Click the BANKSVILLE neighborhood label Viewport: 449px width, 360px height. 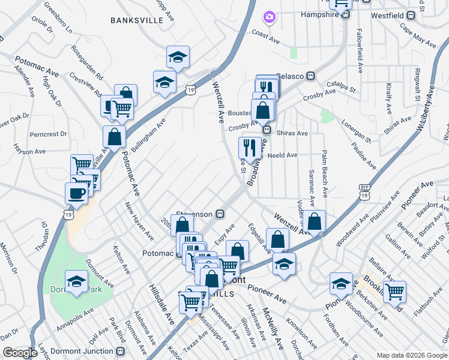coord(137,20)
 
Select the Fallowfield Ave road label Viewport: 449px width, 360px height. coord(360,50)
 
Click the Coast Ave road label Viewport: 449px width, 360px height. coord(266,37)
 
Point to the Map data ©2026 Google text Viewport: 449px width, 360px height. coord(412,355)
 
